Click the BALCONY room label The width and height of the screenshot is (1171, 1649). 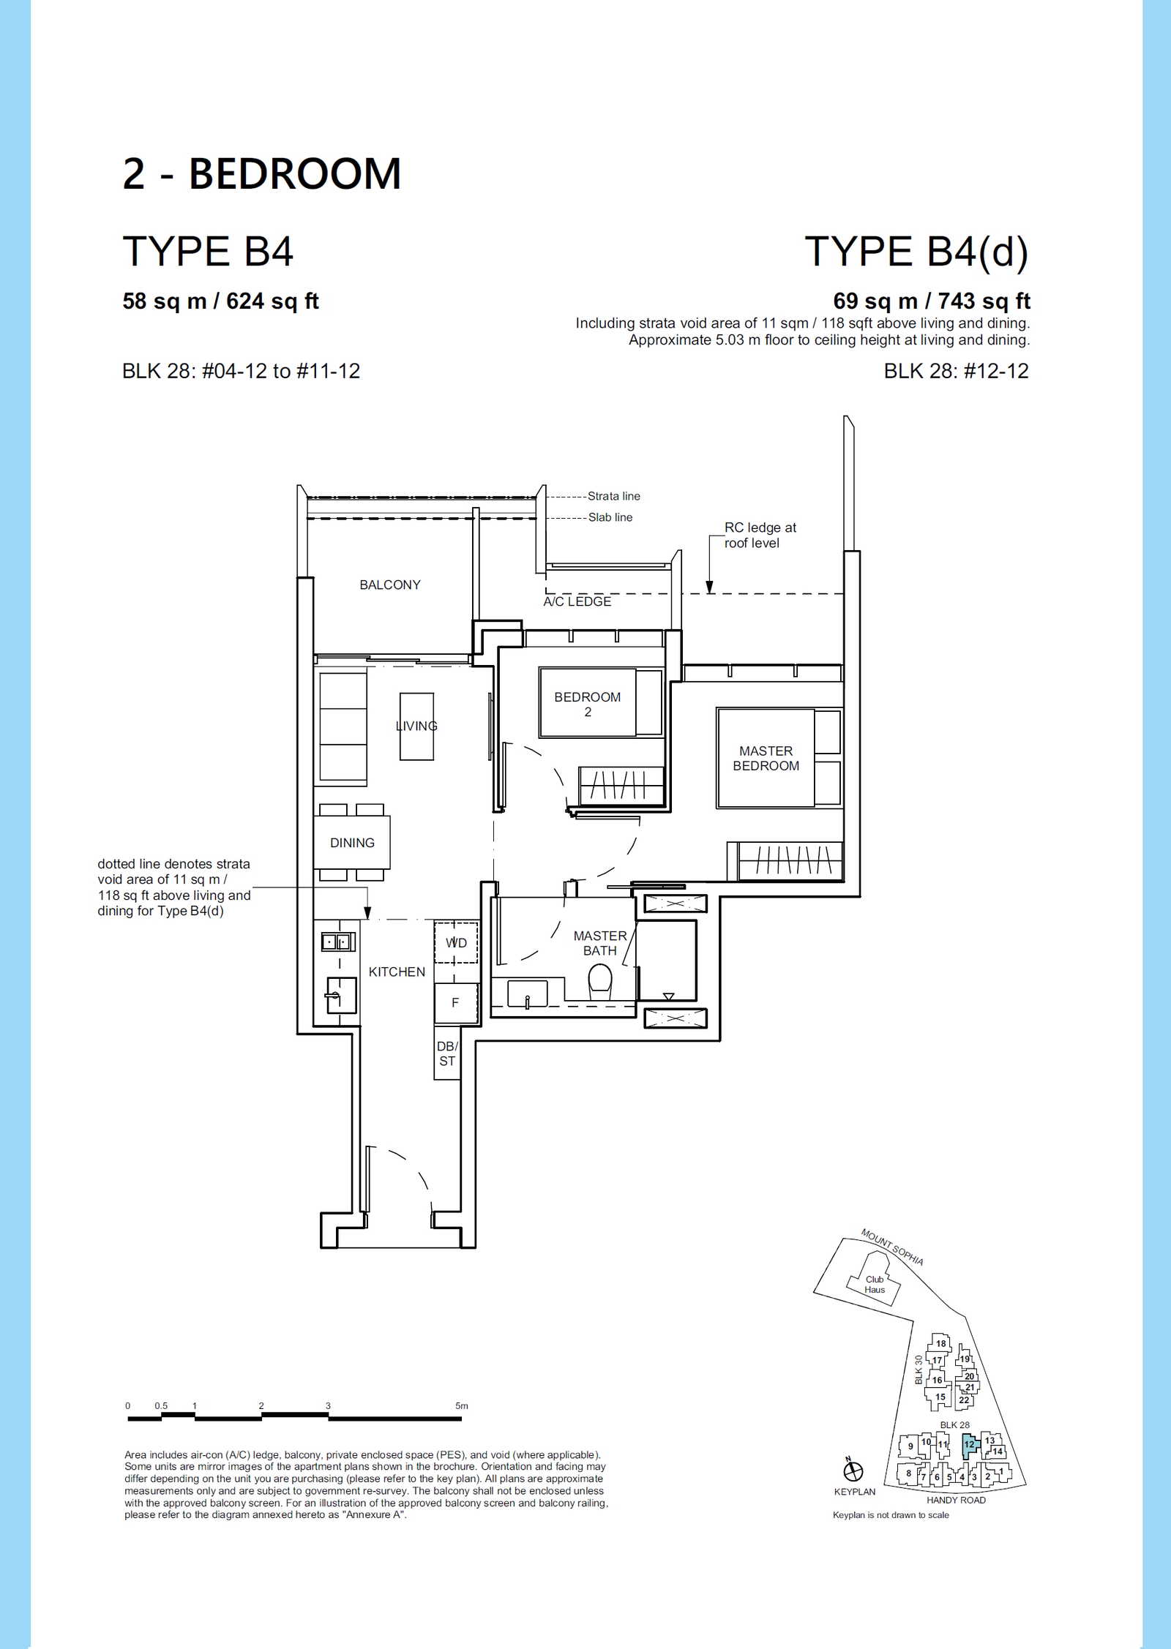pos(390,585)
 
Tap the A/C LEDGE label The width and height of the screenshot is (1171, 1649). pos(577,601)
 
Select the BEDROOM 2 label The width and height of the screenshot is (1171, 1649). pos(588,704)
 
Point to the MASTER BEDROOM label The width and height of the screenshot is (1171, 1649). pos(766,758)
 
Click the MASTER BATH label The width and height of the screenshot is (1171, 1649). pos(600,943)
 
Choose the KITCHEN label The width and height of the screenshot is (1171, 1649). pos(397,972)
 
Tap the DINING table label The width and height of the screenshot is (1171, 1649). pos(352,843)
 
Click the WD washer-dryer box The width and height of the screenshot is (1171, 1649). pos(456,942)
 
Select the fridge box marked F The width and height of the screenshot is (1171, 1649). pos(456,1002)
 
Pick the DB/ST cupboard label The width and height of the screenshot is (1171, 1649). pos(447,1054)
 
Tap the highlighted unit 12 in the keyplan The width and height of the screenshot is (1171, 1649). pos(969,1444)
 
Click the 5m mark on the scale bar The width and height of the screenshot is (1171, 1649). pos(461,1405)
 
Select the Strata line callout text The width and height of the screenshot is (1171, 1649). pos(614,496)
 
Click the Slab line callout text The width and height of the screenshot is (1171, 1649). pos(610,517)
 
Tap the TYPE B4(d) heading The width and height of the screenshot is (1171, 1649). pos(916,252)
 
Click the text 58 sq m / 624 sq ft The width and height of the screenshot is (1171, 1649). pos(220,301)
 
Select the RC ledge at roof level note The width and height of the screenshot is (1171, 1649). pos(760,535)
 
